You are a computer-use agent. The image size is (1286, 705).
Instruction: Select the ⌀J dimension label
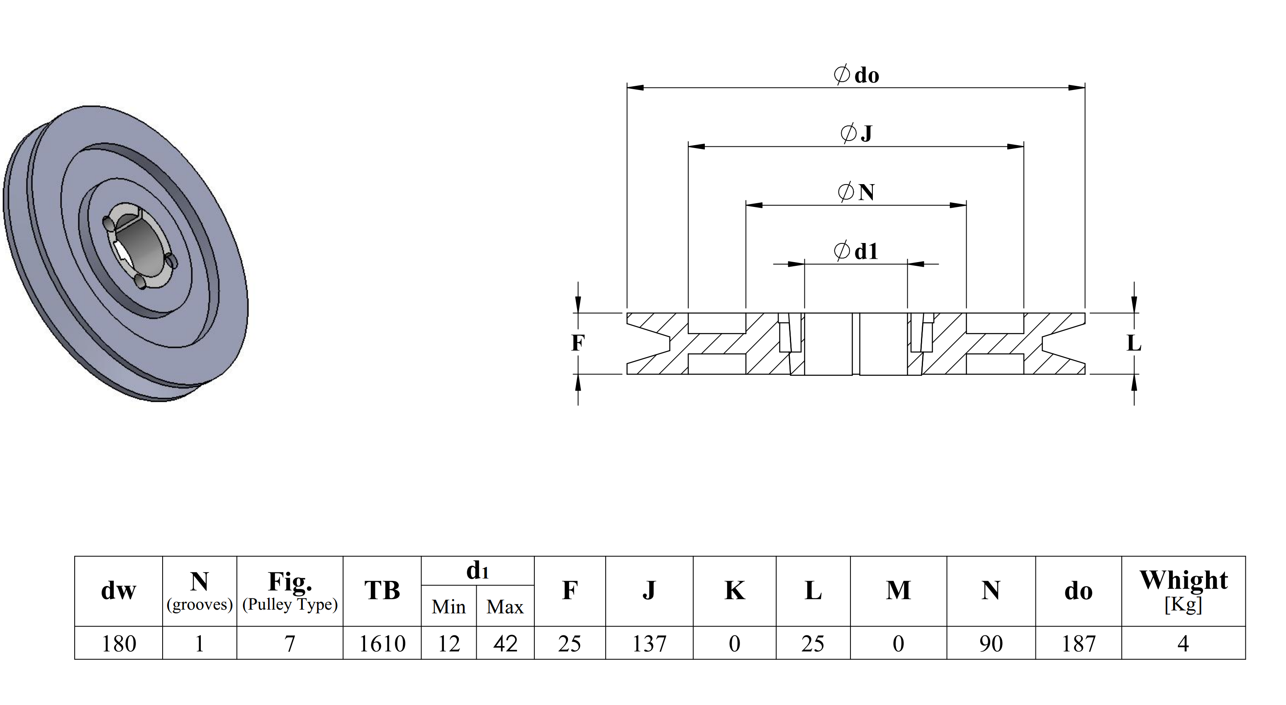856,133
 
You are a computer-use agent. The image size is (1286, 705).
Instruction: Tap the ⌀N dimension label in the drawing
856,192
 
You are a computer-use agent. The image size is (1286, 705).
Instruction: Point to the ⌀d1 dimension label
856,251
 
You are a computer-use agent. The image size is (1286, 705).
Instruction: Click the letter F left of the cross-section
577,343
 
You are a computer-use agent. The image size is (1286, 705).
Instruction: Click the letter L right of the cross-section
1134,343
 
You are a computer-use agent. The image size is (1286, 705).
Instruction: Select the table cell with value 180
119,644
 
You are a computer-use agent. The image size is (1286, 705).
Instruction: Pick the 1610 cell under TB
382,644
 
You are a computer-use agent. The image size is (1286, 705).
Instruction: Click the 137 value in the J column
650,644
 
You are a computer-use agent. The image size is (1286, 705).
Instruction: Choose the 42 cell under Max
505,644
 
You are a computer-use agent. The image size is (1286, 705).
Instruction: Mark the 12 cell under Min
449,644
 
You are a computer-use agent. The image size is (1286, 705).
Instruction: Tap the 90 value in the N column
991,644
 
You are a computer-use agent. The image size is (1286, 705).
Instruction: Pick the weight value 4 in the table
1183,644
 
